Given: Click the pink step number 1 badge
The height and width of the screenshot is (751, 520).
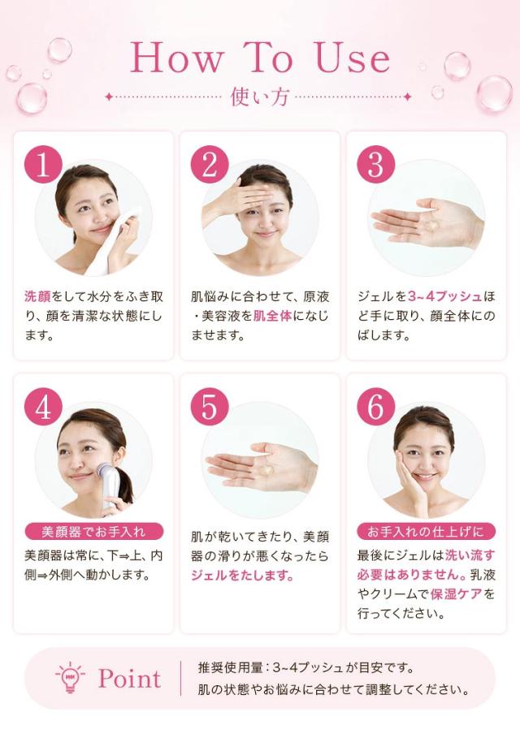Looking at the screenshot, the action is [43, 165].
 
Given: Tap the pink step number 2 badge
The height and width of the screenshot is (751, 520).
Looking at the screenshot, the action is [210, 165].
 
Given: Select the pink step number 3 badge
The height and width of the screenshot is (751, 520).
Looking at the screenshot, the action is [375, 165].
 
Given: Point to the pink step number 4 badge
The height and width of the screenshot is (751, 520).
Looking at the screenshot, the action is [43, 407].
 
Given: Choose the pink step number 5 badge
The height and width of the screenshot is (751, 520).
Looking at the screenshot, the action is [210, 407].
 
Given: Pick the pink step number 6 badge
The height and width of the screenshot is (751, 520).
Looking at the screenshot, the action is [375, 407].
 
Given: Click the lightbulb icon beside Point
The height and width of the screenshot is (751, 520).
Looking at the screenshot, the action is [70, 677].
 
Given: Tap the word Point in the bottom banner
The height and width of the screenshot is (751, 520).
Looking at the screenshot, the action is [129, 679].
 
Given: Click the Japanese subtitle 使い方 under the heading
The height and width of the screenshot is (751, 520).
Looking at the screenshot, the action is [260, 97].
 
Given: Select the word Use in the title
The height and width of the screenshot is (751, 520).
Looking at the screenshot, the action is [353, 58].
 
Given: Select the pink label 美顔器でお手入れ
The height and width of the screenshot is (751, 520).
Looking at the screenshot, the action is [94, 532].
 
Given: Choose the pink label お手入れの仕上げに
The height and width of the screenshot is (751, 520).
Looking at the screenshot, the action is [426, 532].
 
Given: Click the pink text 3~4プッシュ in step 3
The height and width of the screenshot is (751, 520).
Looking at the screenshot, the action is [445, 296].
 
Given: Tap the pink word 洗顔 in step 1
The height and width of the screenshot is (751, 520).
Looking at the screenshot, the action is [37, 296].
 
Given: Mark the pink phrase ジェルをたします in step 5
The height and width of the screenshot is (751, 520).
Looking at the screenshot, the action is [242, 575].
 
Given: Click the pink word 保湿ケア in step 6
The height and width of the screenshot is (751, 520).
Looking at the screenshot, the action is [457, 594].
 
